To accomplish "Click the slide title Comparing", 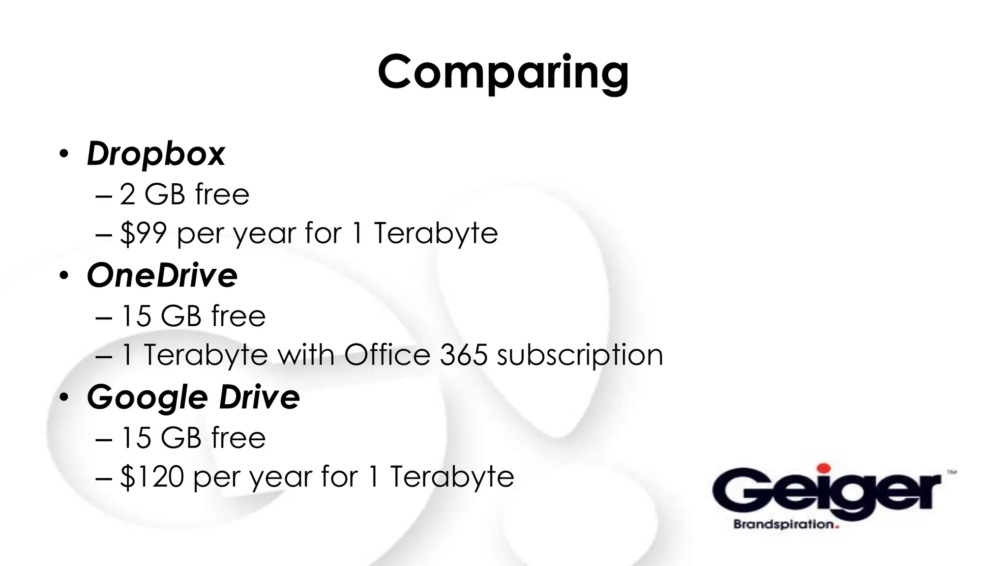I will pos(503,73).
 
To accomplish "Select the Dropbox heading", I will pos(156,154).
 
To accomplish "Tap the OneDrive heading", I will pos(162,275).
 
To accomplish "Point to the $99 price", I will pos(143,233).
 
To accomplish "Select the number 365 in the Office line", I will pos(463,355).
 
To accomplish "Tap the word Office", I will pos(387,355).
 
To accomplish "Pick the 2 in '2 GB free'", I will pos(127,195).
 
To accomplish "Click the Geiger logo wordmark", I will pos(827,491).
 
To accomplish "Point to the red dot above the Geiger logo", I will pos(824,468).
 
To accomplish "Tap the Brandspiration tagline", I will pos(785,524).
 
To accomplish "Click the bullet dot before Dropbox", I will pos(63,154).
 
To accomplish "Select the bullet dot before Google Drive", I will pos(63,397).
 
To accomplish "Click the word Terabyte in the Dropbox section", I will pos(436,233).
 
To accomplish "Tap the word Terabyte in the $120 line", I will pos(452,477).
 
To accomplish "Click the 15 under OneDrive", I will pos(136,316).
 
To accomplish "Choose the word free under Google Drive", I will pos(238,437).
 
